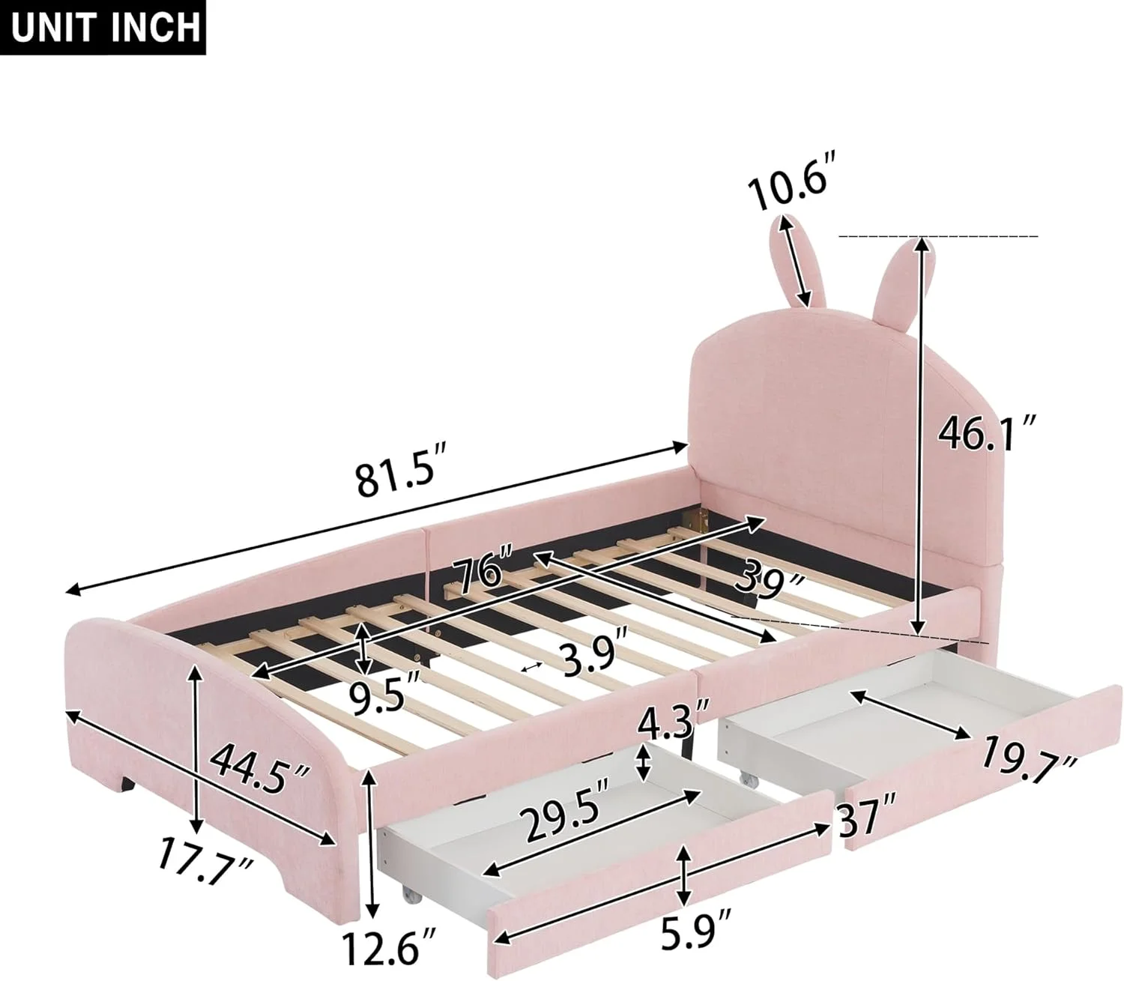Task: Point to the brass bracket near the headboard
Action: pos(702,518)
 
